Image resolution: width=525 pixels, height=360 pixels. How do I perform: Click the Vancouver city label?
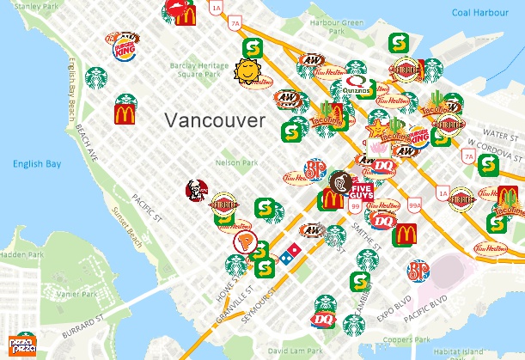tap(216, 120)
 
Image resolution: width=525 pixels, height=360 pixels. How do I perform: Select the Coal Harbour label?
tap(483, 12)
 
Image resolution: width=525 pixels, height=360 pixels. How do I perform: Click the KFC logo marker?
tap(196, 192)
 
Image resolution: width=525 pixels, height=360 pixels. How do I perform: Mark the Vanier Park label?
tap(52, 294)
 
